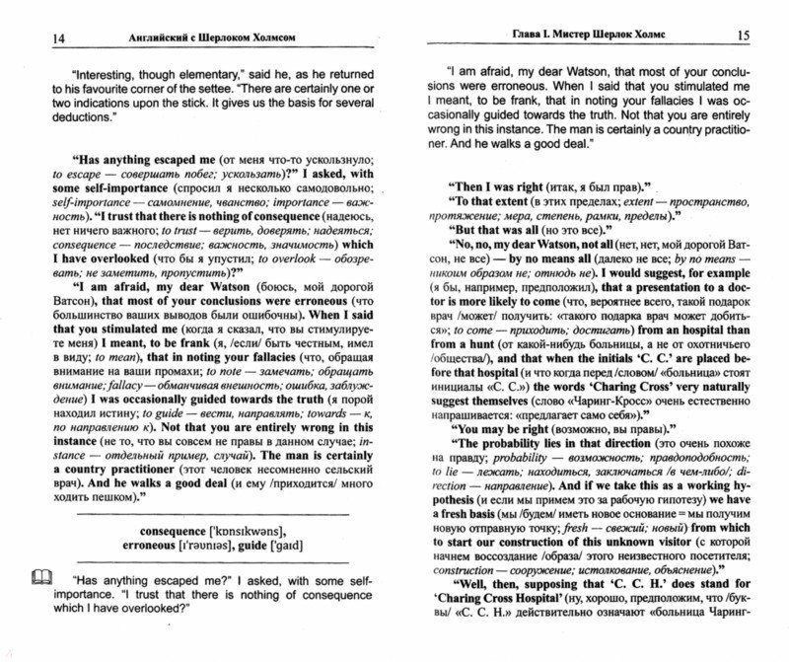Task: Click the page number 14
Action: point(30,39)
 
